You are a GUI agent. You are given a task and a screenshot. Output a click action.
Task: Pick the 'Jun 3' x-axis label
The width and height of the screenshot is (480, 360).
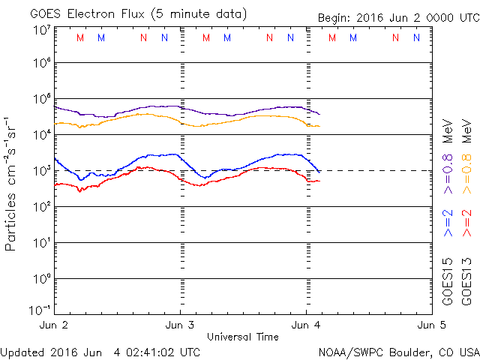(180, 325)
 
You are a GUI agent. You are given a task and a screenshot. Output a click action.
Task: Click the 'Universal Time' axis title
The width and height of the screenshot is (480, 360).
(242, 337)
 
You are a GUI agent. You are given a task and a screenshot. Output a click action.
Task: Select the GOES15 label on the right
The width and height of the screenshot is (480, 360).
(448, 282)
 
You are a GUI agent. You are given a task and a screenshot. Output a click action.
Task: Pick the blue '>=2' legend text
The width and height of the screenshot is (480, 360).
(448, 224)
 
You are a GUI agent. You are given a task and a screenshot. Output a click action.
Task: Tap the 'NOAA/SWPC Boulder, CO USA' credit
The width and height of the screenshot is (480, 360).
(398, 351)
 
